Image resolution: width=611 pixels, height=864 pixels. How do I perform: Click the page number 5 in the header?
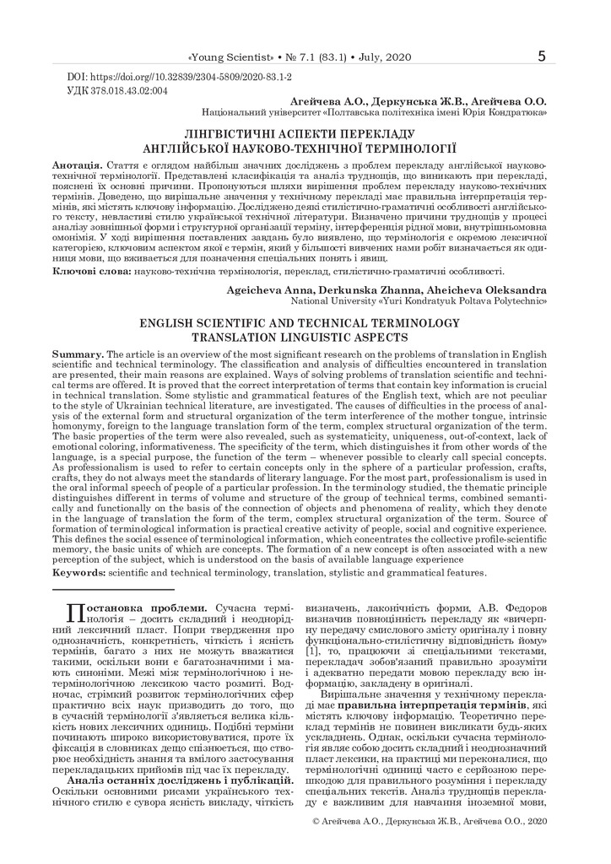541,57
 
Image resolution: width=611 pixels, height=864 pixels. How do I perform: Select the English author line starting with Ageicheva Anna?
386,290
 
